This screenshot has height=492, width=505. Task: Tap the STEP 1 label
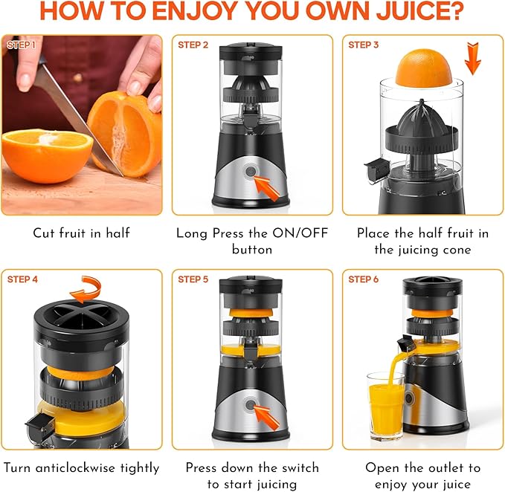pos(22,45)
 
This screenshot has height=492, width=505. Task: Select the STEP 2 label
pos(193,45)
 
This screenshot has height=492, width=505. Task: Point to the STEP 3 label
pos(364,45)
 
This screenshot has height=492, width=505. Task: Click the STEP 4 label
pos(22,279)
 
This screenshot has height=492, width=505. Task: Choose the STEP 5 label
pos(193,279)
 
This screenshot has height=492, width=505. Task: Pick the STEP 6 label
pos(364,279)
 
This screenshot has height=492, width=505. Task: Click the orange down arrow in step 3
pos(473,59)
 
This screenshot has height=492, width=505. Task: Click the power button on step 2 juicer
pos(250,171)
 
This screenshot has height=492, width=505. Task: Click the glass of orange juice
pos(385,406)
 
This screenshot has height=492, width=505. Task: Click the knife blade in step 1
pos(80,120)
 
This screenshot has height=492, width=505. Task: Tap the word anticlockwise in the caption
pos(75,468)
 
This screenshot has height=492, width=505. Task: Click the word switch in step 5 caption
pos(300,468)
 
